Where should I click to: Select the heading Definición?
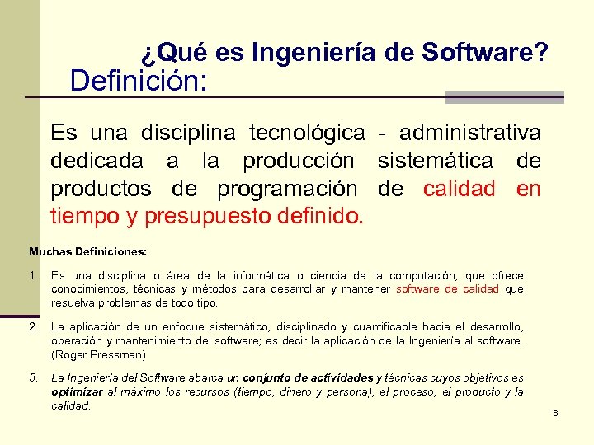click(139, 82)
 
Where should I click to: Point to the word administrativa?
click(470, 133)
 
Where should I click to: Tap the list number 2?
click(34, 327)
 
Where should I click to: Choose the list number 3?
click(34, 378)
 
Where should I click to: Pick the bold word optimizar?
click(76, 392)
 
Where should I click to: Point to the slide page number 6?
click(556, 412)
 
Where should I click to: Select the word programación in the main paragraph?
click(287, 189)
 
